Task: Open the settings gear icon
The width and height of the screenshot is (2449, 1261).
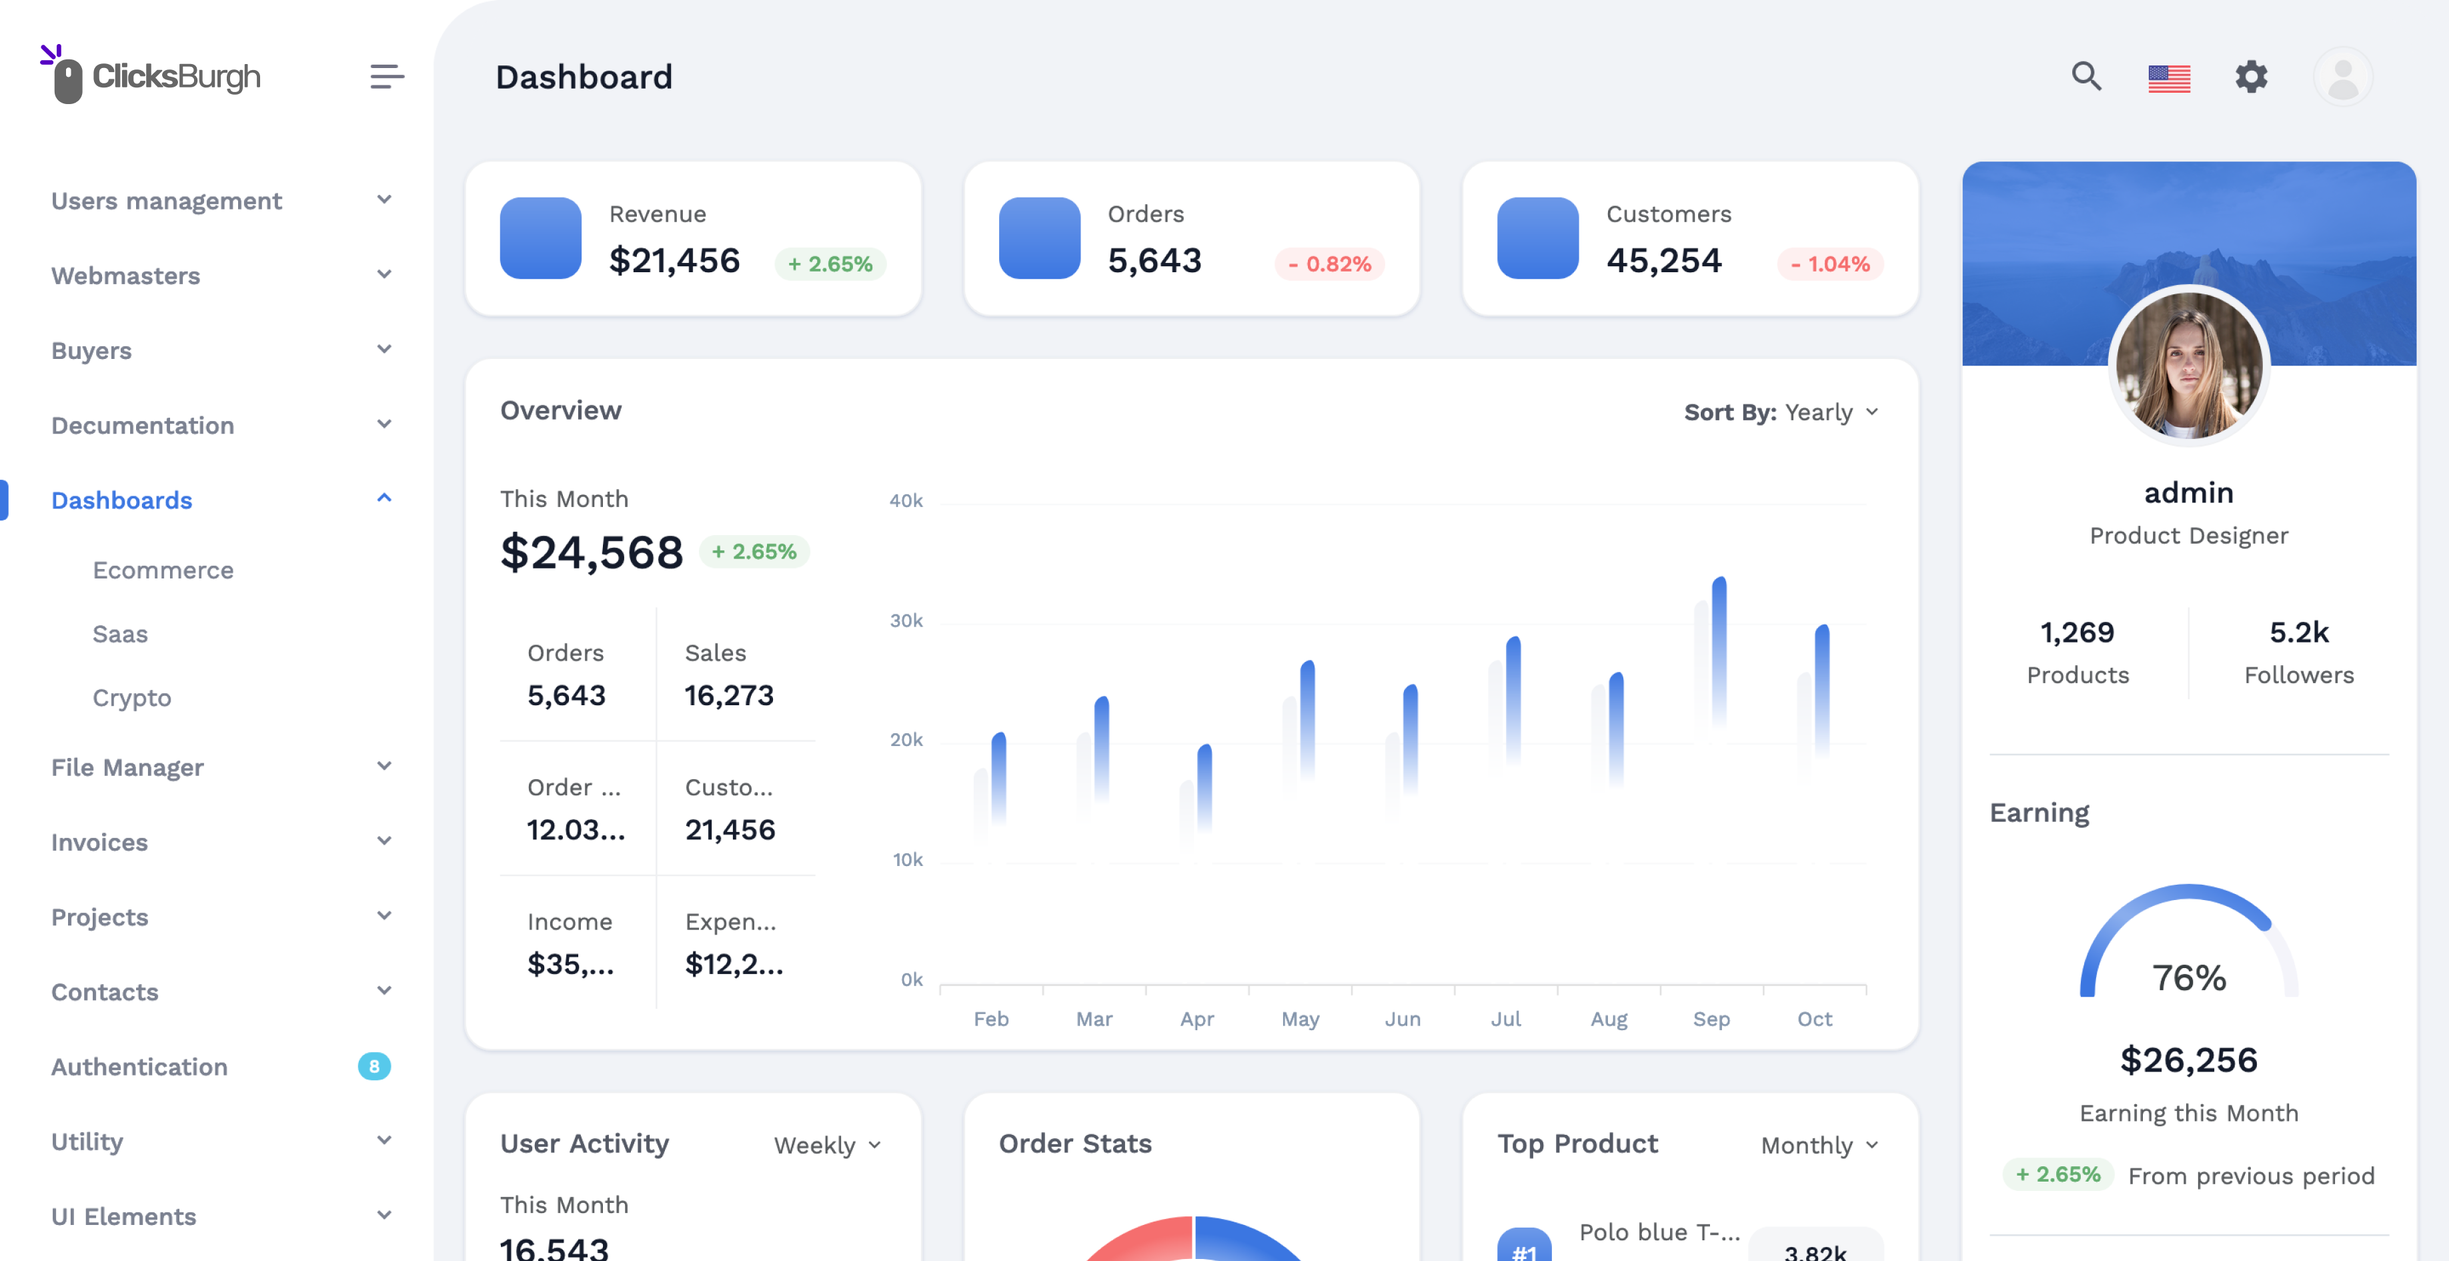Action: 2252,76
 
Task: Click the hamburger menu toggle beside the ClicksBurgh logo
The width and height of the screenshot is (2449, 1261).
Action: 387,76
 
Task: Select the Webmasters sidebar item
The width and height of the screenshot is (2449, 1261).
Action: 125,276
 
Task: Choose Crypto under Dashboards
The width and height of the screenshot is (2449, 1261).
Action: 132,698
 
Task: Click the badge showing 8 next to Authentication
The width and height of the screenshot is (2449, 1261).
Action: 373,1066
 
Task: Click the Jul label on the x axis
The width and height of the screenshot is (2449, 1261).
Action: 1506,1019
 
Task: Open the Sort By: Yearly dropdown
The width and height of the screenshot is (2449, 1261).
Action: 1781,412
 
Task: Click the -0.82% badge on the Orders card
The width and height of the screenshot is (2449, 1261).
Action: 1329,264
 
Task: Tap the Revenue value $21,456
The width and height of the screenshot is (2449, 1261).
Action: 674,261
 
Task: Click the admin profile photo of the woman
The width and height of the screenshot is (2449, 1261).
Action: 2188,365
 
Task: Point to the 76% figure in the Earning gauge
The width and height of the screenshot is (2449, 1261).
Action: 2188,977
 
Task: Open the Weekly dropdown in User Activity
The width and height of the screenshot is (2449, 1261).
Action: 827,1145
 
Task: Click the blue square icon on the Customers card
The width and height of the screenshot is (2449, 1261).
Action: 1537,238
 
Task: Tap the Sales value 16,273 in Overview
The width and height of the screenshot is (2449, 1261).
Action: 729,695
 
